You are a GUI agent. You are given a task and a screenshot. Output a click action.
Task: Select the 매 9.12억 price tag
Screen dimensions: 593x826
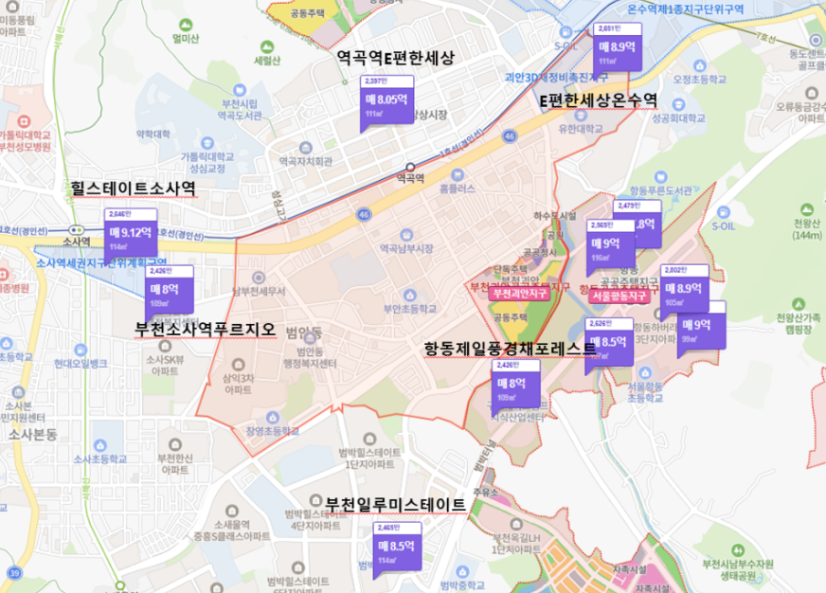click(129, 232)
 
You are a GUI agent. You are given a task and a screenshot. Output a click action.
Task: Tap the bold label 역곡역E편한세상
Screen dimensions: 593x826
click(396, 58)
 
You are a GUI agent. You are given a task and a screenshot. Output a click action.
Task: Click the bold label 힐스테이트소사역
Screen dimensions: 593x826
click(133, 189)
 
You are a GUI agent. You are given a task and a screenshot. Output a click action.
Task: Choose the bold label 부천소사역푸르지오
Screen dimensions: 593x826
click(206, 330)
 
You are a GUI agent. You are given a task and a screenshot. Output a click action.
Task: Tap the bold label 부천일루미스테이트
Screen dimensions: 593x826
click(396, 504)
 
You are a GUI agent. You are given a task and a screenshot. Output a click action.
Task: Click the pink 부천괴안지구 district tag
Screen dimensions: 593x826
click(520, 295)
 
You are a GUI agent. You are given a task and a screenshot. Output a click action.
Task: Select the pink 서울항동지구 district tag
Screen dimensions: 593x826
click(617, 296)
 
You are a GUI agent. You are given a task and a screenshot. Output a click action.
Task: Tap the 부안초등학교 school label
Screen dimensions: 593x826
click(409, 309)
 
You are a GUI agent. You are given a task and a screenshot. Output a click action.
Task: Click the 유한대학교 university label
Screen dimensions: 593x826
click(581, 128)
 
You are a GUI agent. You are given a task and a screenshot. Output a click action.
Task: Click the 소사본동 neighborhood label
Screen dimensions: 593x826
click(33, 434)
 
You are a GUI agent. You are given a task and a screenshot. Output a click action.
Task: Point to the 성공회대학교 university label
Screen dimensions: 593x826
click(678, 118)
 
